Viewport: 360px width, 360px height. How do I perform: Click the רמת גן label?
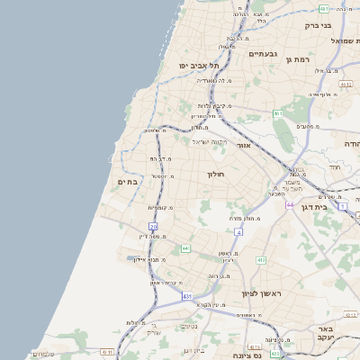point(296,59)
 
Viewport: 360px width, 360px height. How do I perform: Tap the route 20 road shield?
point(154,227)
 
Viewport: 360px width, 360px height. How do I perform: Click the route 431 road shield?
point(187,295)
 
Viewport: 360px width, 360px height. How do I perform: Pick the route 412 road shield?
point(261,260)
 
